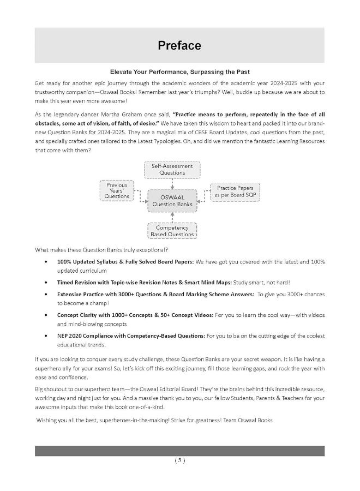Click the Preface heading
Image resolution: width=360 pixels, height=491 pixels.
point(179,45)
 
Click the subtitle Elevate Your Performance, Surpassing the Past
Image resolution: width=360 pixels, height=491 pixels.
point(179,72)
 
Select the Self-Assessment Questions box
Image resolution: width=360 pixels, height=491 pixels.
point(172,169)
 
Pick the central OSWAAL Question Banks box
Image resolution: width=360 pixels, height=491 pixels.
point(172,200)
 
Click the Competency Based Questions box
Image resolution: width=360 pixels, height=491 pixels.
point(172,231)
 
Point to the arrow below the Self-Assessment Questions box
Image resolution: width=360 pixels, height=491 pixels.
point(172,183)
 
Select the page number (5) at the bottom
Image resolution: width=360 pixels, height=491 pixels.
point(179,460)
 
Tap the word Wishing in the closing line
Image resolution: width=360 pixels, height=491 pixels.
point(48,420)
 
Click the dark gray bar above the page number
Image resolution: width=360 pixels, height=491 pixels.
point(179,451)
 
